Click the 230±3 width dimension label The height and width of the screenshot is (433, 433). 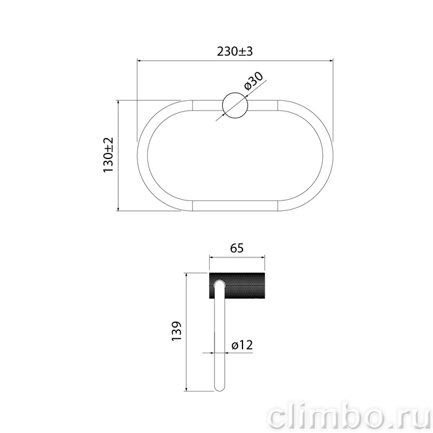click(234, 51)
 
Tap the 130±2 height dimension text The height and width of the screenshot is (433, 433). click(108, 155)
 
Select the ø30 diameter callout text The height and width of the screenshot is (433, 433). click(254, 81)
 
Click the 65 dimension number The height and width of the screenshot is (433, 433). click(237, 248)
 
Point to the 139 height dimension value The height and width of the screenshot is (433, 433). click(176, 331)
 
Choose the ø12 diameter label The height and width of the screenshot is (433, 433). click(242, 345)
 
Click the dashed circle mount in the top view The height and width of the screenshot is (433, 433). click(235, 105)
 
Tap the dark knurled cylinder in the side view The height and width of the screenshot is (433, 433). click(237, 286)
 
